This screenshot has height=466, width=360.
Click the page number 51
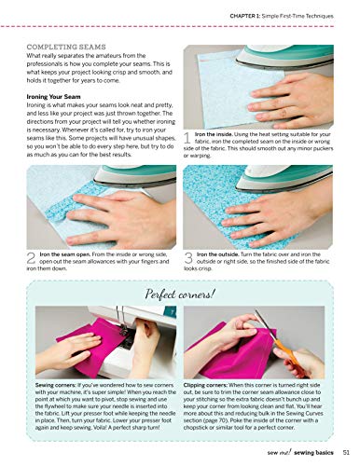[345, 453]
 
